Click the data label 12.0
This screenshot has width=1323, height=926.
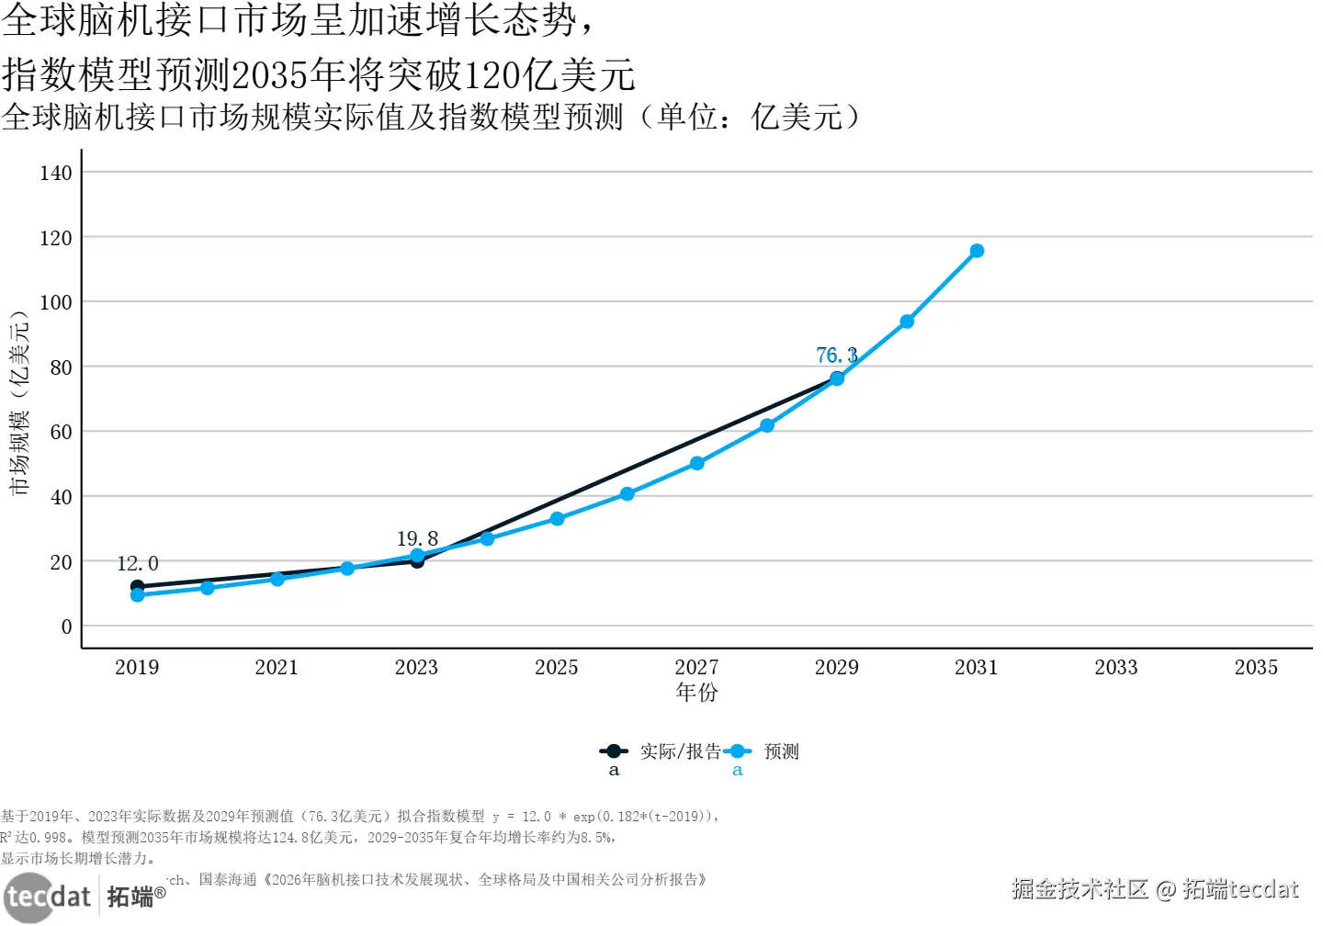138,563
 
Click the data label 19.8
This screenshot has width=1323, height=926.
417,538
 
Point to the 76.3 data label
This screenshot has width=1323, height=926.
836,355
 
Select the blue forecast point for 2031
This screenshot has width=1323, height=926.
977,251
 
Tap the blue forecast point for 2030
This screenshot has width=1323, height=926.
907,322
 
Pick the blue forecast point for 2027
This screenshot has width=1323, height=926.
697,464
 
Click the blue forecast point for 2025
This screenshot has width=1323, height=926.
557,519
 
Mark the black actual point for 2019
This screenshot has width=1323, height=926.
137,585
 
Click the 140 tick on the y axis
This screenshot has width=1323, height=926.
56,173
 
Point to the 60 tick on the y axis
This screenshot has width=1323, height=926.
61,432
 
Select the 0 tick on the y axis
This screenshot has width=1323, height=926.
66,627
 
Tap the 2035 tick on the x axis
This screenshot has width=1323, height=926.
1256,668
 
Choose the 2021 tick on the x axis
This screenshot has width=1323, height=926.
277,668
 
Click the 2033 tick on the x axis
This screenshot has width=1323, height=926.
1116,668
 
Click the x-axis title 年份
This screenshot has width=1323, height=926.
696,693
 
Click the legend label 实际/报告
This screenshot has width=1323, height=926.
681,751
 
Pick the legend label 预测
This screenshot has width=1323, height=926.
782,751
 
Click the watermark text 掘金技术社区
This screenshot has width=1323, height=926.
1080,889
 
